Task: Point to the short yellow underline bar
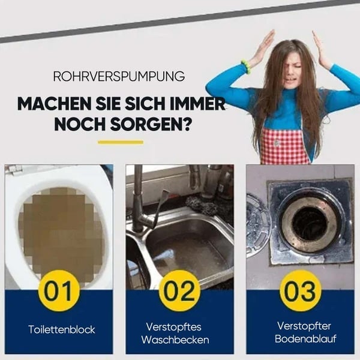point(120,142)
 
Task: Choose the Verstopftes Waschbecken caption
point(178,333)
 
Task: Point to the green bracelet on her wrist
point(246,64)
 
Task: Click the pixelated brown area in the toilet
point(57,228)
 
